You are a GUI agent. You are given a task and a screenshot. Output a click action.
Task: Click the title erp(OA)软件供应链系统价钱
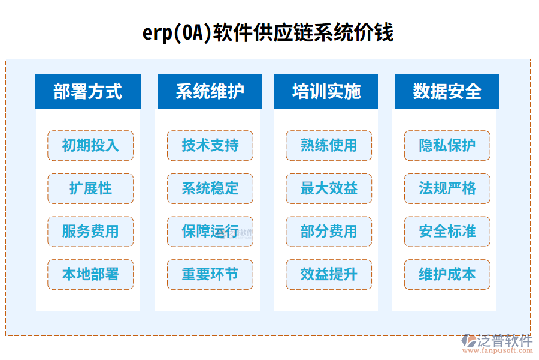pos(268,32)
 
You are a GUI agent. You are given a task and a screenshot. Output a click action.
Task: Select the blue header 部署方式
pos(87,92)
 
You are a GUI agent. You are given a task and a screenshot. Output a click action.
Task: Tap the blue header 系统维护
pos(210,92)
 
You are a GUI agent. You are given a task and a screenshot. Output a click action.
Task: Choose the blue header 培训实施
pos(326,92)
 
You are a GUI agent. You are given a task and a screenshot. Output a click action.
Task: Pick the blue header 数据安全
pos(447,92)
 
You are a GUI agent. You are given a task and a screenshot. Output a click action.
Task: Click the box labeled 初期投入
pos(90,145)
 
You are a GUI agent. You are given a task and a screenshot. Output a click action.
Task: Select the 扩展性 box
pos(90,188)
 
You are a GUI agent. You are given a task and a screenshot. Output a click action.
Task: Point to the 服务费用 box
pos(90,232)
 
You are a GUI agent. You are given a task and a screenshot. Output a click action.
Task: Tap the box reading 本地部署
pos(90,275)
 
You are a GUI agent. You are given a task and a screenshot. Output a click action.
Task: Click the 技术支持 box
pos(210,145)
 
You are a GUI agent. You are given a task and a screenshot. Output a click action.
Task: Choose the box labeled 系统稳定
pos(210,188)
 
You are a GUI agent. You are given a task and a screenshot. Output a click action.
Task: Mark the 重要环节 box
pos(210,275)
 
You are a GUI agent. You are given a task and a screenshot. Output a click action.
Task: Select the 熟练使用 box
pos(329,145)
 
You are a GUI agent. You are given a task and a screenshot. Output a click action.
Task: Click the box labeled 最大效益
pos(329,188)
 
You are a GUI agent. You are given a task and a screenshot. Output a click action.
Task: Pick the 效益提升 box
pos(329,275)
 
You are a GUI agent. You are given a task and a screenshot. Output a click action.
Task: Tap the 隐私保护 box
pos(447,145)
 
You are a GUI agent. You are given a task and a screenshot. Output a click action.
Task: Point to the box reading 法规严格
pos(447,188)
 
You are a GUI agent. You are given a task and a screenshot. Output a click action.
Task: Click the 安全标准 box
pos(447,232)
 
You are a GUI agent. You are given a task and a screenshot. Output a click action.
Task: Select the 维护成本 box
pos(447,275)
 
